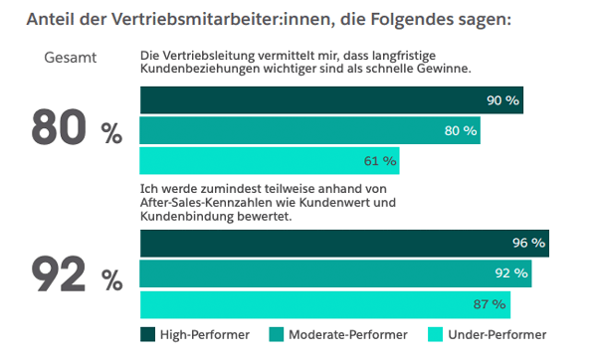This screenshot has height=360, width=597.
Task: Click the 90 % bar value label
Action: coord(503,101)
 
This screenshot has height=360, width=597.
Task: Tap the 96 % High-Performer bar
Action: coord(344,244)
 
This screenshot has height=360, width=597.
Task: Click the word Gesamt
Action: coord(70,58)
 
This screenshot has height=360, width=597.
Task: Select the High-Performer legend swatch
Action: coord(147,335)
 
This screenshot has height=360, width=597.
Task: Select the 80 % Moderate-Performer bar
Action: coord(309,130)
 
